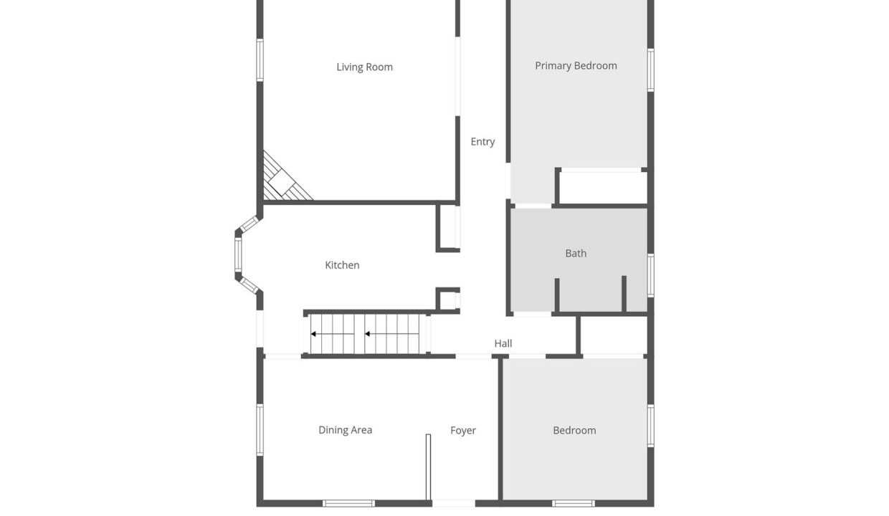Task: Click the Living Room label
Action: (364, 67)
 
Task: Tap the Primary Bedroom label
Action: (576, 66)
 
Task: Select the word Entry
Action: (482, 142)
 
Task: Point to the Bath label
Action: (576, 253)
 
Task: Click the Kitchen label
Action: (342, 265)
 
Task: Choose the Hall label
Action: (503, 343)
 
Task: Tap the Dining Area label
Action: (346, 430)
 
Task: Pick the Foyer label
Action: (462, 430)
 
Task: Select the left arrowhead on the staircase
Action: (313, 334)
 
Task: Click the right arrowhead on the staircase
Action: (367, 334)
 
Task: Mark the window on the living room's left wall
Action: (260, 60)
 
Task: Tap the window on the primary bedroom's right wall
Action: (650, 70)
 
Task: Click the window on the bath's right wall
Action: (650, 275)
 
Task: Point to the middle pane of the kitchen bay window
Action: (238, 254)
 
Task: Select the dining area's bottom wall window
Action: (348, 503)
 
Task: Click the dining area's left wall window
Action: (260, 430)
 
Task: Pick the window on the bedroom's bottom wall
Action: (573, 503)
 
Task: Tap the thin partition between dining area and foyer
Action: (428, 467)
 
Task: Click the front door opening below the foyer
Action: (454, 503)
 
